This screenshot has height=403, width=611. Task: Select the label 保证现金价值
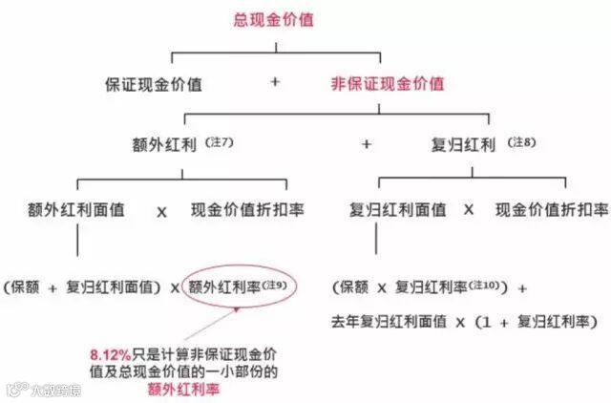click(x=155, y=83)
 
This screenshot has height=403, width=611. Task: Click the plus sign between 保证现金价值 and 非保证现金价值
click(x=275, y=83)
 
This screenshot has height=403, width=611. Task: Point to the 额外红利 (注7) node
click(x=181, y=145)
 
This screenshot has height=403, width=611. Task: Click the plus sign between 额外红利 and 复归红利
click(x=366, y=145)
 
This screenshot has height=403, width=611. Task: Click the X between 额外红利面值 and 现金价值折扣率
click(x=162, y=209)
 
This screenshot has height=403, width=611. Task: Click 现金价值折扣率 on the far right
click(x=551, y=208)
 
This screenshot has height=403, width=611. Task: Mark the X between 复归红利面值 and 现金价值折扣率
click(x=469, y=209)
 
